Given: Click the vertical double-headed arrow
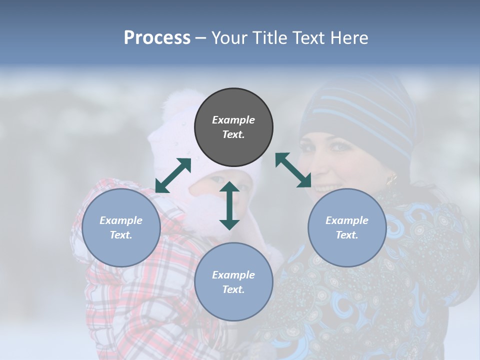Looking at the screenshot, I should [x=229, y=205].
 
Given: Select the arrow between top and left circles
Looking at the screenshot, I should [x=173, y=175].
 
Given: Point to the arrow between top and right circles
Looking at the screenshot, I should [x=293, y=170].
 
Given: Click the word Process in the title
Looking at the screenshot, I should [x=157, y=37].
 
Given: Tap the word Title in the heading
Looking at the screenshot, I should [x=269, y=37].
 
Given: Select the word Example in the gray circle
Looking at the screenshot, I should [x=233, y=120].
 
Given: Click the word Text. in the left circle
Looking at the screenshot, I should [x=121, y=235].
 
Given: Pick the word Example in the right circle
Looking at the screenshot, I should [x=347, y=220].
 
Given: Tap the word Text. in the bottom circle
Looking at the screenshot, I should [x=233, y=289].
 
